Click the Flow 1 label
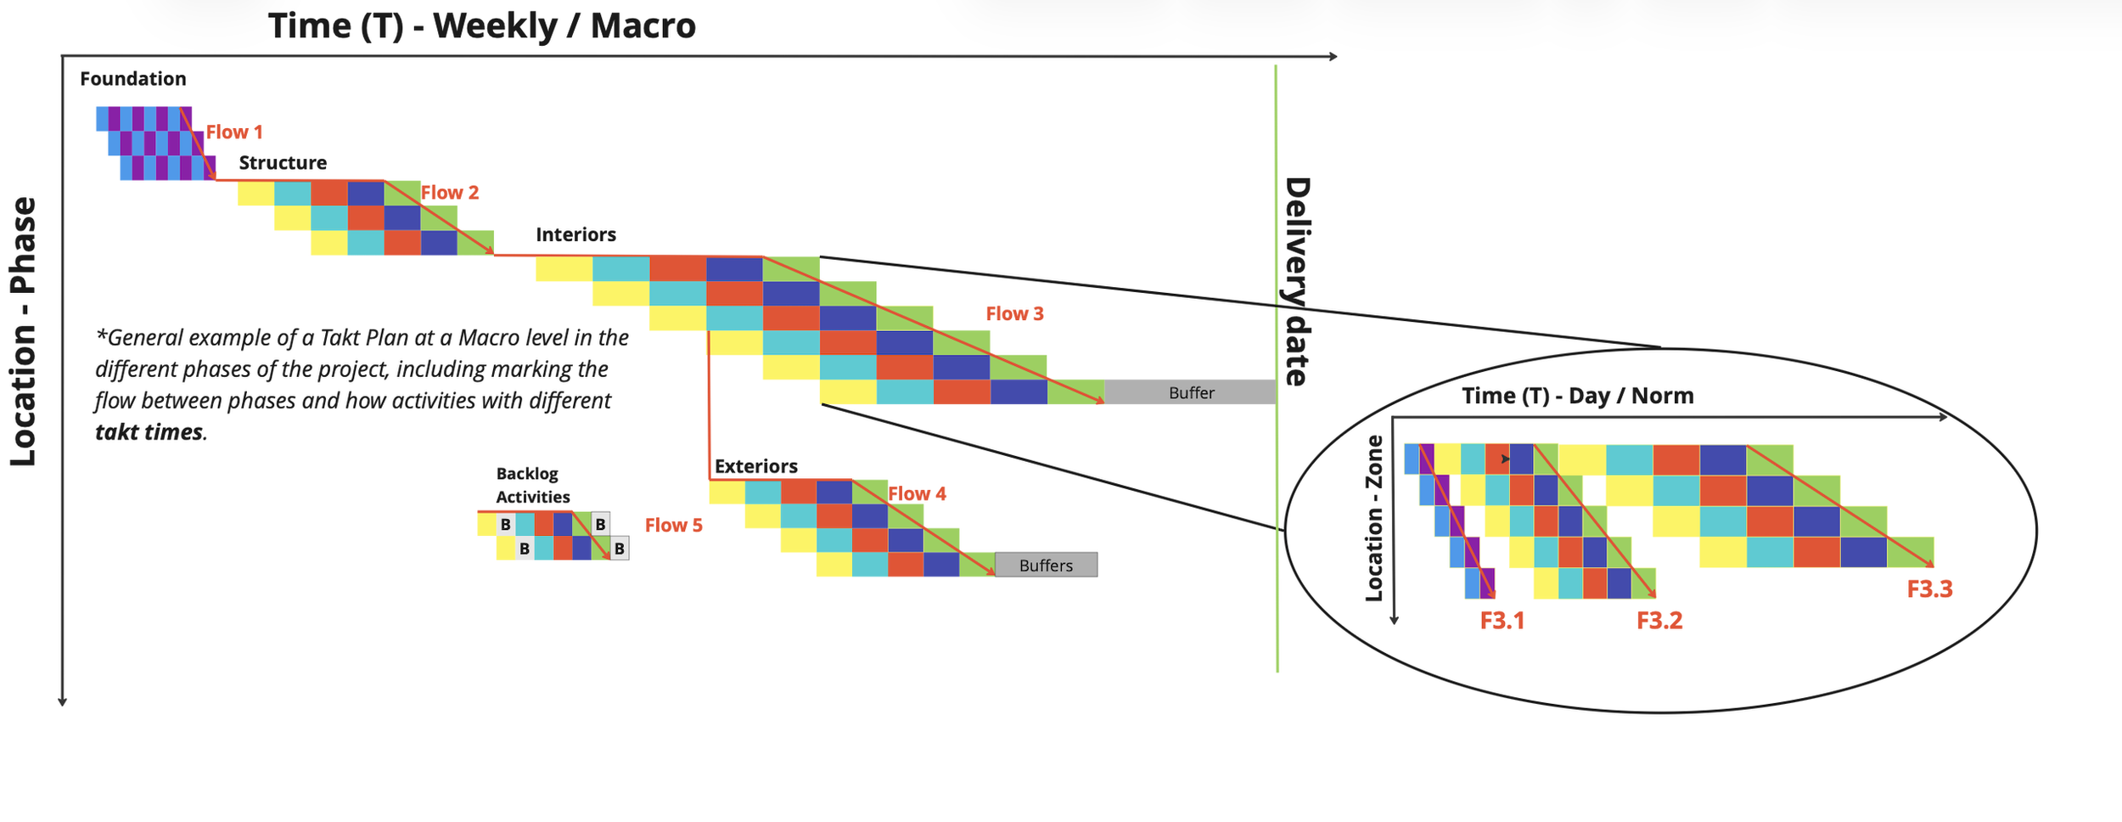click(234, 132)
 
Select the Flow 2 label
click(450, 193)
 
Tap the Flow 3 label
click(1014, 314)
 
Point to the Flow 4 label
click(917, 494)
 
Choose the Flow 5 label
click(673, 526)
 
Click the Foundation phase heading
click(133, 79)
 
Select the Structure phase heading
click(283, 163)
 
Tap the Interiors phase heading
click(575, 235)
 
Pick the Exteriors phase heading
click(755, 467)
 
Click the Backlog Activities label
click(532, 486)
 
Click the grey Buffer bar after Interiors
click(1190, 393)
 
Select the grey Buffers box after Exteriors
click(1046, 566)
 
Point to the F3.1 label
click(1502, 622)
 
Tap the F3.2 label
click(1659, 622)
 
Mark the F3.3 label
click(1929, 590)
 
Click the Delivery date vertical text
click(1296, 282)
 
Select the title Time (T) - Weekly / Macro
click(482, 26)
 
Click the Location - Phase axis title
click(24, 332)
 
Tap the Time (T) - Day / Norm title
click(1577, 397)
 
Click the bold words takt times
click(149, 433)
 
